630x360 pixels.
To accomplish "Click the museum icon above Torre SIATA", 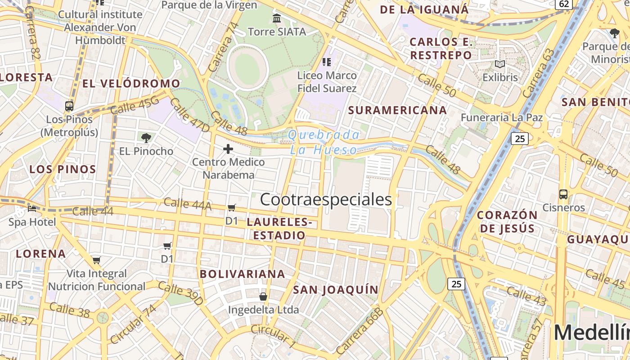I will (x=277, y=18).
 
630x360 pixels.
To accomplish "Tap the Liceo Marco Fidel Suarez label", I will (x=327, y=81).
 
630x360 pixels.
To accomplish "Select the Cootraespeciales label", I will (x=326, y=199).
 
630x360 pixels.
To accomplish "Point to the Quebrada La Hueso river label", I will (x=324, y=142).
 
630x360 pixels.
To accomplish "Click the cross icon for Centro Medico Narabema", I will (x=228, y=148).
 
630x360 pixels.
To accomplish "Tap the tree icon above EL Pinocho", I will (x=146, y=138).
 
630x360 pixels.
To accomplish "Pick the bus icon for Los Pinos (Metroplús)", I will (x=69, y=106).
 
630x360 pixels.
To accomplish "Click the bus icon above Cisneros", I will (x=563, y=194).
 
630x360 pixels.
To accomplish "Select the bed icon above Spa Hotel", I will (x=32, y=208).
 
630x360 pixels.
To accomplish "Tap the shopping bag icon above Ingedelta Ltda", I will (x=263, y=297).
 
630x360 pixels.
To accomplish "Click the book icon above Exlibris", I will (x=500, y=64).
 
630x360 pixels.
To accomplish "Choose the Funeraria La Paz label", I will (x=502, y=117).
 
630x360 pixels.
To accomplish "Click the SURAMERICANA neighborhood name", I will (x=397, y=110).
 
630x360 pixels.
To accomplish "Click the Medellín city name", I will (x=592, y=333).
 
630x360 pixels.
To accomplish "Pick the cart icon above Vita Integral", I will (x=97, y=260).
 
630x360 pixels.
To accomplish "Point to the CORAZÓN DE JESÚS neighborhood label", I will (x=507, y=221).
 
